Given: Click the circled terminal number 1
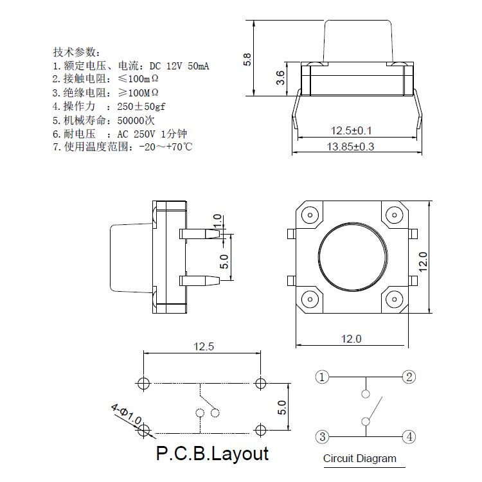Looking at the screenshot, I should (x=322, y=377).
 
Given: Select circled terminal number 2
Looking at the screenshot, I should (x=408, y=377).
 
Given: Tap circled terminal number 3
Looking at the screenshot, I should (x=322, y=437).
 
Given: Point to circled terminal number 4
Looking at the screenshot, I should (x=408, y=437).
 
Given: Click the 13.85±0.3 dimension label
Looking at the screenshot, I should (x=350, y=147).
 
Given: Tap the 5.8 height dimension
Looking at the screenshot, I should (x=247, y=59).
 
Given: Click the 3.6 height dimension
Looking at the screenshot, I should (x=280, y=78).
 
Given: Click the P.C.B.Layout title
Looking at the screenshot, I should (x=212, y=454).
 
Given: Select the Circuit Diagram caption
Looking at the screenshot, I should (x=359, y=459).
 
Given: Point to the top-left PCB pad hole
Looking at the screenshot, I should (x=143, y=384).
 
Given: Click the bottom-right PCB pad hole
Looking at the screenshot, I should (x=260, y=429).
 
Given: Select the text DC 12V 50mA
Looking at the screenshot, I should (x=180, y=66).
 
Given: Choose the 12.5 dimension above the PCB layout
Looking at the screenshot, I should (x=202, y=347).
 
